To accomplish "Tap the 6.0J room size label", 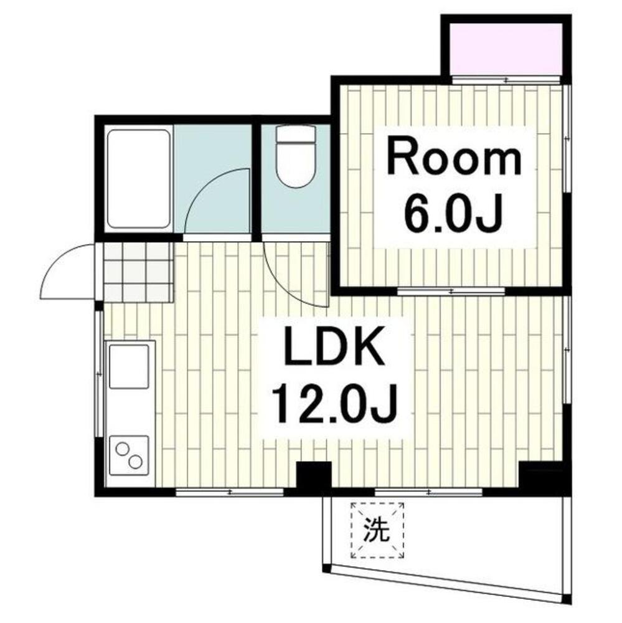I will point(453,214).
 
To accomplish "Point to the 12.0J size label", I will point(336,405).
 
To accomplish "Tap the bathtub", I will point(138,179).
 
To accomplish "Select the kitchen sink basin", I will point(129,366).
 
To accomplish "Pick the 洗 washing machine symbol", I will point(377,531).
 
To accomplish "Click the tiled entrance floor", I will point(138,272).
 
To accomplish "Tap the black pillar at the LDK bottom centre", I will point(313,477).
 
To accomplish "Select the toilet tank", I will point(295,134).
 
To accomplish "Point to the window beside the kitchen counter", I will point(99,374).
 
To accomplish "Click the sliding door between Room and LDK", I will point(452,291).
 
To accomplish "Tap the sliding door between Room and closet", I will point(506,80).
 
